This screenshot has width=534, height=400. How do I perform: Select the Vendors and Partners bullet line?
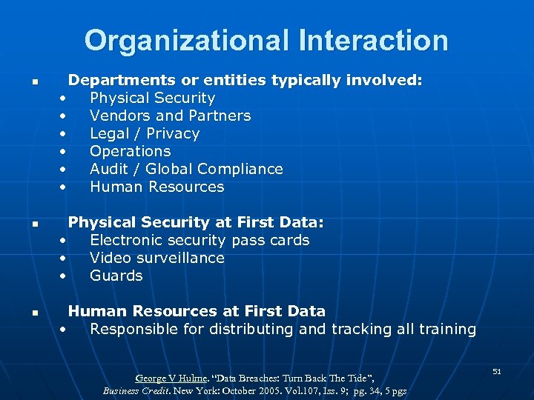[170, 116]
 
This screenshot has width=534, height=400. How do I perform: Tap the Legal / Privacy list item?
[145, 133]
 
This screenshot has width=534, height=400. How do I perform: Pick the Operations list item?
[130, 151]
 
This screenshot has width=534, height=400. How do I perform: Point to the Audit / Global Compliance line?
[186, 169]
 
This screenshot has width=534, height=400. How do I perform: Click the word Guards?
[116, 276]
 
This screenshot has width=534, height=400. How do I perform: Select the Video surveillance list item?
[156, 258]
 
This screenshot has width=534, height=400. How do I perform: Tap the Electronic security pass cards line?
[200, 240]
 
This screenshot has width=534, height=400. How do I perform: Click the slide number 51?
[497, 370]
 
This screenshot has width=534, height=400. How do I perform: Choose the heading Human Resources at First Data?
[197, 311]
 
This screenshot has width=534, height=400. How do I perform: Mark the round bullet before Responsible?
[65, 330]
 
